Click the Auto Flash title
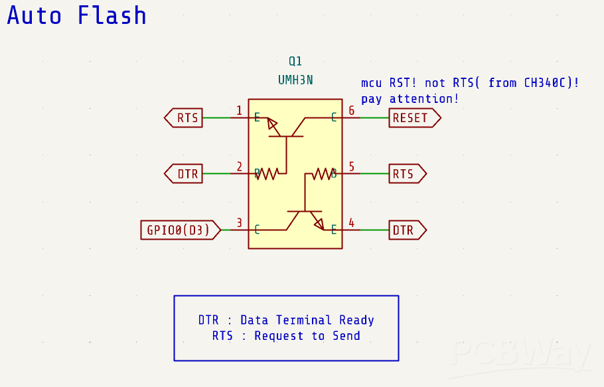(x=77, y=15)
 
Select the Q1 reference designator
(x=295, y=62)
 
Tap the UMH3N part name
(x=295, y=80)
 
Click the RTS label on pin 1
(x=187, y=118)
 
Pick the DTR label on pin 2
(x=187, y=174)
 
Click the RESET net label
(x=412, y=118)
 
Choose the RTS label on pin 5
(x=404, y=174)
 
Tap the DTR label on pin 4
(x=404, y=230)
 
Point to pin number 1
(x=239, y=110)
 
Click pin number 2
(x=239, y=167)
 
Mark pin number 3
(x=239, y=222)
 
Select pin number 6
(x=352, y=110)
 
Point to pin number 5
(x=352, y=167)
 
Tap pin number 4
(x=352, y=222)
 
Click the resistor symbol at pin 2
(x=267, y=174)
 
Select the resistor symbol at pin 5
(x=322, y=174)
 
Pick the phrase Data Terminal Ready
(x=307, y=320)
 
